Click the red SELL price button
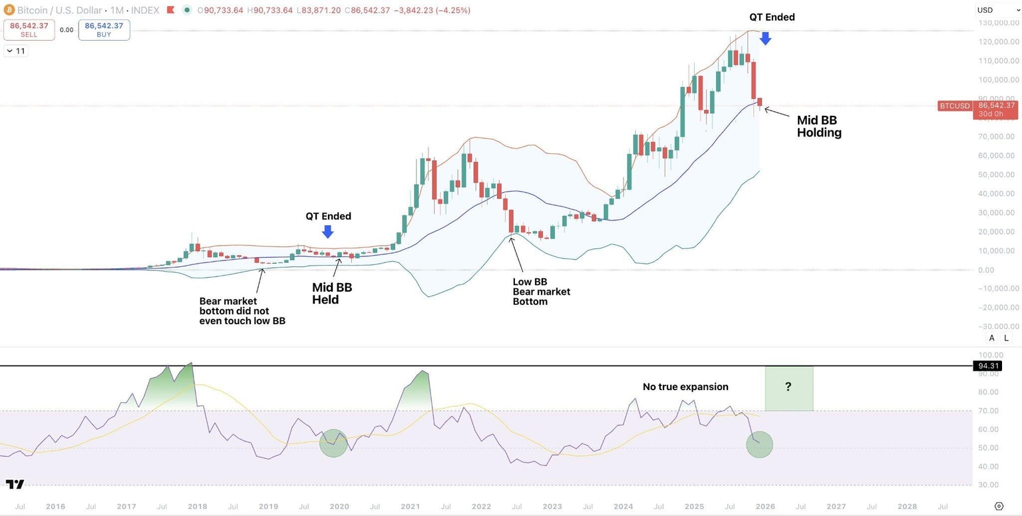(x=29, y=29)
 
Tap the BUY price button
(x=104, y=29)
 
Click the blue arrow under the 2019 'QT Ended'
(x=327, y=231)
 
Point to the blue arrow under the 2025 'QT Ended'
(x=765, y=38)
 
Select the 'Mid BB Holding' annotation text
(x=818, y=127)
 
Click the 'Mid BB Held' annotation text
(x=332, y=294)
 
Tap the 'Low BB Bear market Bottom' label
(x=541, y=292)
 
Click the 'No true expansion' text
(x=685, y=387)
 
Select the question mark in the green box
(x=788, y=387)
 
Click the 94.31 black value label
(x=986, y=366)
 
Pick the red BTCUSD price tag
(x=954, y=106)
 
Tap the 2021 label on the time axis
(x=410, y=507)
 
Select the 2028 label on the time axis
(x=907, y=507)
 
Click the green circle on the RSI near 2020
(x=333, y=443)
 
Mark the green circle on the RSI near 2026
(x=759, y=444)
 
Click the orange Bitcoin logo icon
(x=9, y=10)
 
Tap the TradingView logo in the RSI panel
(x=15, y=484)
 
